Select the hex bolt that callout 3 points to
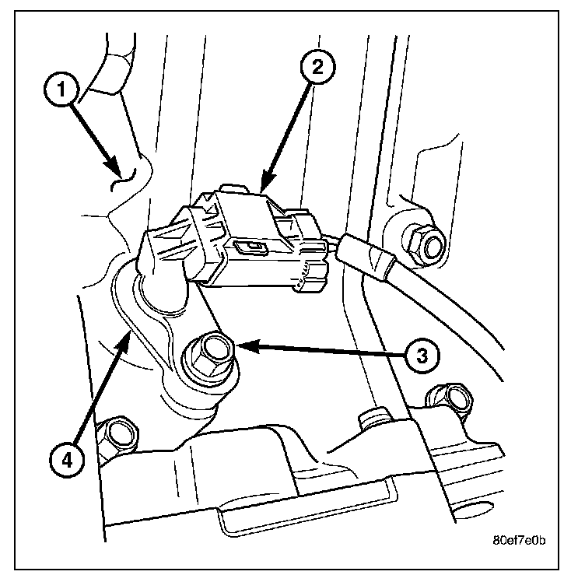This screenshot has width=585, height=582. coord(208,355)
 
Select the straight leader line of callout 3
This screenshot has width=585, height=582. coord(319,350)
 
